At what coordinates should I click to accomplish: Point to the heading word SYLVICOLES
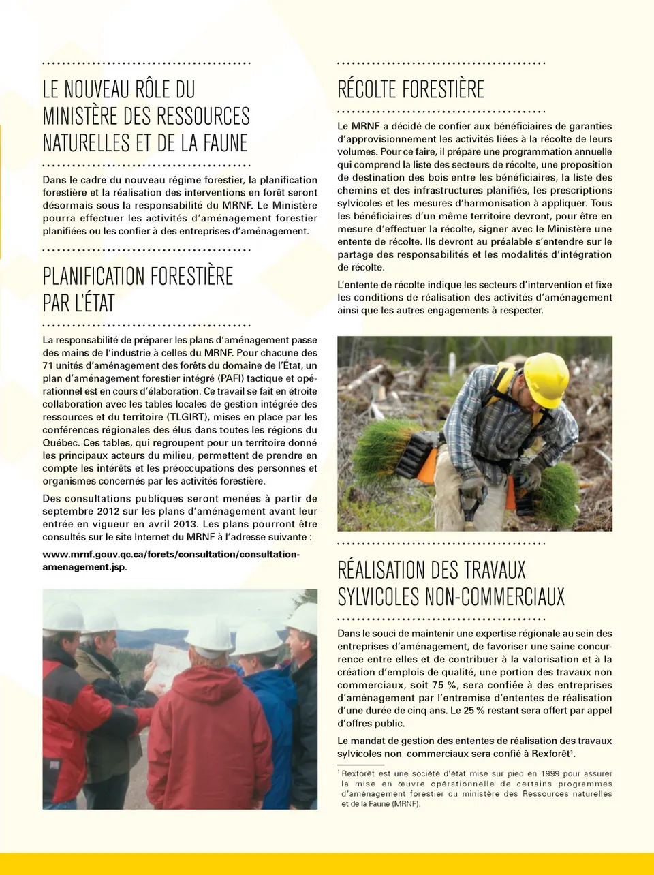[x=378, y=597]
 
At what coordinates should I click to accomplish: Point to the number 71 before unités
[x=48, y=365]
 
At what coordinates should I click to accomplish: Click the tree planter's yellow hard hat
[x=546, y=378]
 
